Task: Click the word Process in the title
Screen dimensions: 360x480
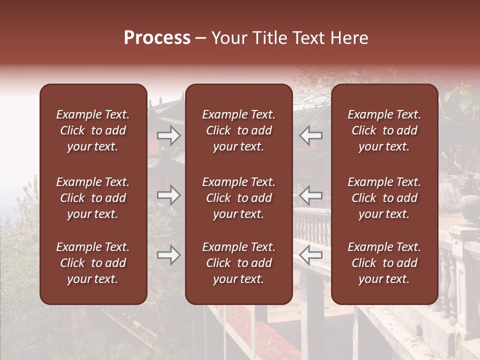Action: click(x=157, y=38)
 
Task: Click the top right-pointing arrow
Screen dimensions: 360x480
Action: click(x=169, y=135)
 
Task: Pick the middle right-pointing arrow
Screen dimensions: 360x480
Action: click(x=169, y=195)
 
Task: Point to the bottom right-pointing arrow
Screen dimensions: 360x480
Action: click(x=169, y=255)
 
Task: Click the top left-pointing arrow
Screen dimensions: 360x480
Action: click(x=310, y=135)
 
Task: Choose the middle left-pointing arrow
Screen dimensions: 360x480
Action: click(x=310, y=195)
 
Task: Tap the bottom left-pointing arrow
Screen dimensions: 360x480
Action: click(x=310, y=255)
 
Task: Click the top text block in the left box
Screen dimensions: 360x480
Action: click(x=93, y=130)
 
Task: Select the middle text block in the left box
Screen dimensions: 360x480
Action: click(x=93, y=198)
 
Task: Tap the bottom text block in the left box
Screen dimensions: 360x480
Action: click(x=93, y=263)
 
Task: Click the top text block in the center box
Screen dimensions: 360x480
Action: click(x=238, y=130)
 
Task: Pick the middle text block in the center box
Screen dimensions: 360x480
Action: click(x=238, y=198)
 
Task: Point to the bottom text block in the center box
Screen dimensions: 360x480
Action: click(x=238, y=263)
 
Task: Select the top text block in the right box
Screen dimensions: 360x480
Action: click(x=384, y=130)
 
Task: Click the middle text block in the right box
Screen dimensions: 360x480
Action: click(x=384, y=198)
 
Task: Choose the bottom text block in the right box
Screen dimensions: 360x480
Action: click(x=384, y=263)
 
